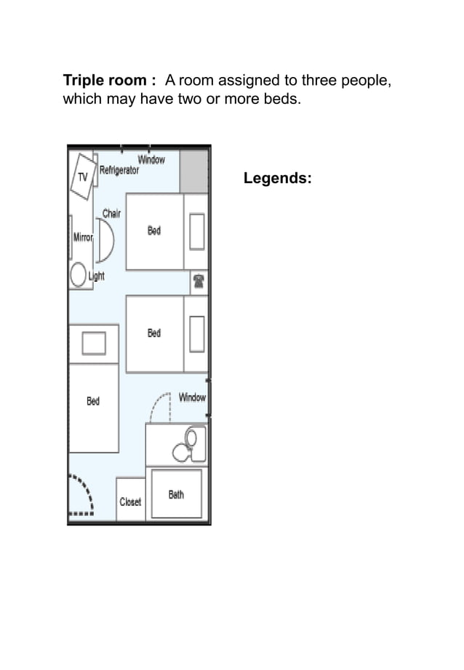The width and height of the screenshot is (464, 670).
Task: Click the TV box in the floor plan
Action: pyautogui.click(x=82, y=177)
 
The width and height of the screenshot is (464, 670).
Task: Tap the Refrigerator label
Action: pyautogui.click(x=119, y=170)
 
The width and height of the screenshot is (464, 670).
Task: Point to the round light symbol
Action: pyautogui.click(x=79, y=275)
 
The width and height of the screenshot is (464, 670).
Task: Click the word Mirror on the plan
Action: pyautogui.click(x=81, y=238)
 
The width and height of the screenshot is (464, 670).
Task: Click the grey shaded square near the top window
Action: pyautogui.click(x=193, y=171)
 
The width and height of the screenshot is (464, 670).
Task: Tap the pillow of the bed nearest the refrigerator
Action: pyautogui.click(x=197, y=231)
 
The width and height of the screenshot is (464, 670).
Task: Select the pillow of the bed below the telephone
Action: pyautogui.click(x=197, y=334)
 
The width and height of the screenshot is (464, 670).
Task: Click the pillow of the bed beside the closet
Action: pyautogui.click(x=94, y=343)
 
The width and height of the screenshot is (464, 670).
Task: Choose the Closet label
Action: pyautogui.click(x=130, y=501)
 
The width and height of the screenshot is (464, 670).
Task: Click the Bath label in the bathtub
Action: pyautogui.click(x=176, y=494)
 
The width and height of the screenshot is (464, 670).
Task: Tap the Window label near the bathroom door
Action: pyautogui.click(x=192, y=397)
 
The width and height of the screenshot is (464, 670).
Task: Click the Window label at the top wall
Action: pyautogui.click(x=152, y=159)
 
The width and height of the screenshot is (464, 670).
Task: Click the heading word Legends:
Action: pyautogui.click(x=278, y=178)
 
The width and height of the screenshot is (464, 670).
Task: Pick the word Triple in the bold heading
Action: pyautogui.click(x=84, y=80)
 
